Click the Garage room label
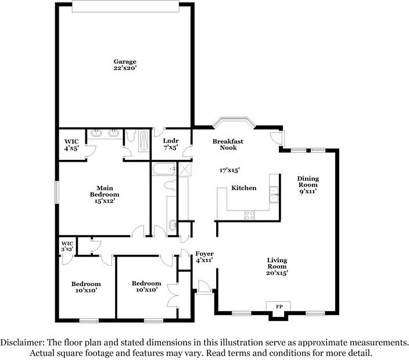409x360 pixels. pyautogui.click(x=125, y=64)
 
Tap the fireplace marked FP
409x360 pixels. pyautogui.click(x=279, y=306)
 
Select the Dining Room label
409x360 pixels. pyautogui.click(x=308, y=184)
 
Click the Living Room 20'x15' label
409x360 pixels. pyautogui.click(x=278, y=266)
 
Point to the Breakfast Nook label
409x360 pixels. pyautogui.click(x=228, y=144)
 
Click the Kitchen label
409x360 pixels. pyautogui.click(x=244, y=188)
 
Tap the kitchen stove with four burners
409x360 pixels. pyautogui.click(x=250, y=213)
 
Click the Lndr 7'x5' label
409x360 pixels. pyautogui.click(x=170, y=144)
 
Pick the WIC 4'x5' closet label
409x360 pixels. pyautogui.click(x=71, y=144)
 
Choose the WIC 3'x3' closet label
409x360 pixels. pyautogui.click(x=67, y=245)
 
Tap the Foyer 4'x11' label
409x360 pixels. pyautogui.click(x=204, y=256)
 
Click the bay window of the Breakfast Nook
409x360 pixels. pyautogui.click(x=234, y=122)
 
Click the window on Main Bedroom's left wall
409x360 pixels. pyautogui.click(x=56, y=191)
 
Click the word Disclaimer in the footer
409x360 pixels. pyautogui.click(x=24, y=342)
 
